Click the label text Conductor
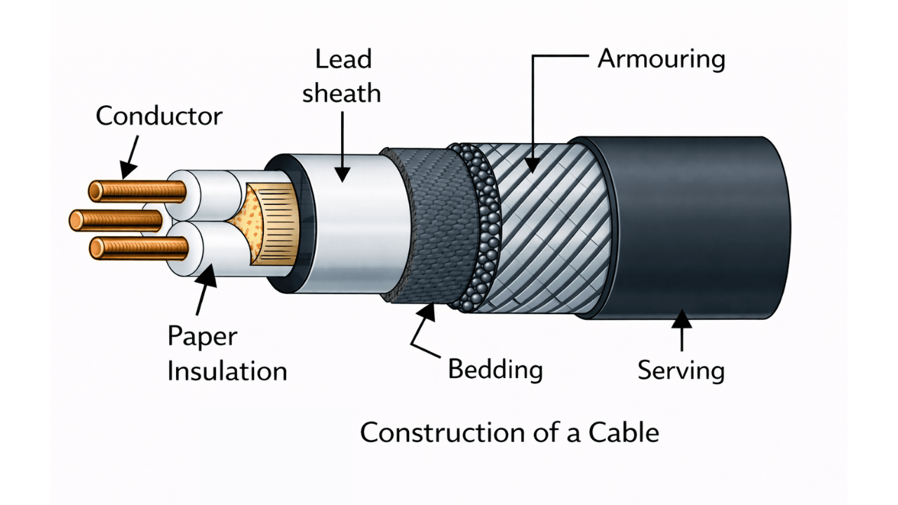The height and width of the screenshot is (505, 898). click(x=159, y=116)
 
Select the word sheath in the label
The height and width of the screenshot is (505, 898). click(x=342, y=93)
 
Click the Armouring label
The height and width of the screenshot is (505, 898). click(x=661, y=59)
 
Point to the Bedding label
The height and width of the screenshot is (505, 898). click(x=495, y=369)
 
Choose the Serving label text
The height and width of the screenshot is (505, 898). click(x=681, y=370)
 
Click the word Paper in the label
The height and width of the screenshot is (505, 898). click(x=203, y=337)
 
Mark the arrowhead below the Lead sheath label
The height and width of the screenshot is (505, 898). click(x=342, y=173)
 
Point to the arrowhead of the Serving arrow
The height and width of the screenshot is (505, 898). click(x=682, y=321)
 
